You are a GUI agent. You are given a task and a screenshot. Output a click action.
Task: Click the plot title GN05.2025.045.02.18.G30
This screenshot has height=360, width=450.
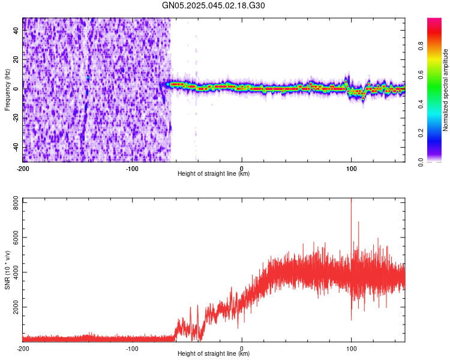(214, 5)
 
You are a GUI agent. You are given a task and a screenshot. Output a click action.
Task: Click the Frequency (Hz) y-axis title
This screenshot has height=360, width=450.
(7, 89)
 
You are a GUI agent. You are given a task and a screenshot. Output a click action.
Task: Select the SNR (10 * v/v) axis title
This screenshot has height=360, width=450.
(7, 269)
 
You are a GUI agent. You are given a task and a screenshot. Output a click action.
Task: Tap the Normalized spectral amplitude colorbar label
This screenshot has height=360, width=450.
(445, 90)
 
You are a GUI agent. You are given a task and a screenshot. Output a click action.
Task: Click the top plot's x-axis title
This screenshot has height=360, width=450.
(214, 174)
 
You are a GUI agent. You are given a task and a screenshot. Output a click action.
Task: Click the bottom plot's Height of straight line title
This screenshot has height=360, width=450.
(214, 354)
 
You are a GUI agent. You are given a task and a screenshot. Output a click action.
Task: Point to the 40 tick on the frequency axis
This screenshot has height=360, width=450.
(16, 31)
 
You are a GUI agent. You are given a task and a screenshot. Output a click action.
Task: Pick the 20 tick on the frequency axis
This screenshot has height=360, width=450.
(16, 60)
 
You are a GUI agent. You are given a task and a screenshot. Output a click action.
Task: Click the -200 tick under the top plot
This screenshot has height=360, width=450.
(23, 168)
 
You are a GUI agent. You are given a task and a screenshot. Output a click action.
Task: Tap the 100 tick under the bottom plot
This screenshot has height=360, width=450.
(351, 348)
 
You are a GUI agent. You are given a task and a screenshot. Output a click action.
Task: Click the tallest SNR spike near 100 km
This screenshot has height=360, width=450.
(351, 202)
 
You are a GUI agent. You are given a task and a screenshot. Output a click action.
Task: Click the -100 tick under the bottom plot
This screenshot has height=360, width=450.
(132, 348)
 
